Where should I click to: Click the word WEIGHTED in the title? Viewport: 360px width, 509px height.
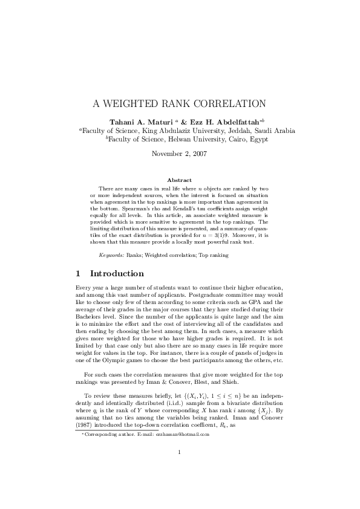click(x=137, y=103)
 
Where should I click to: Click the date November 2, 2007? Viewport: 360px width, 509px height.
click(x=180, y=154)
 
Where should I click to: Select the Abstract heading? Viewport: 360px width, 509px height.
click(x=180, y=180)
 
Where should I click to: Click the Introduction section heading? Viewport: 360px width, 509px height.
click(x=117, y=274)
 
